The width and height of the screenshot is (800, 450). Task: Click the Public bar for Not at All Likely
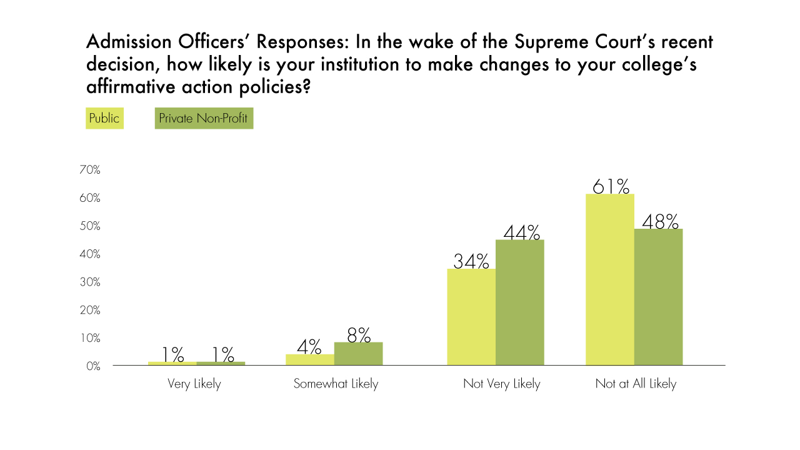click(609, 279)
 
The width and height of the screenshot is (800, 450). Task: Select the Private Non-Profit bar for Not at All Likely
click(658, 297)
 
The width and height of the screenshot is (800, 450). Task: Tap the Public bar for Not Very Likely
click(471, 317)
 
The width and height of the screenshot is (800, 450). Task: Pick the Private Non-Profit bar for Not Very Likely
click(520, 302)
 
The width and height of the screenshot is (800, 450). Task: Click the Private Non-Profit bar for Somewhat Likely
click(358, 354)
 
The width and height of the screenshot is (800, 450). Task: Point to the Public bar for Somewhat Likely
click(310, 359)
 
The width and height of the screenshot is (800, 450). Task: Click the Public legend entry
click(104, 118)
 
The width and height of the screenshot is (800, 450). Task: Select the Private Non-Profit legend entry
click(204, 118)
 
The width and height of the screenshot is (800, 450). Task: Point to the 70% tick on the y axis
click(90, 170)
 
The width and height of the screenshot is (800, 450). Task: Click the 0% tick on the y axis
click(93, 366)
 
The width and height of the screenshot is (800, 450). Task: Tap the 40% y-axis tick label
click(90, 254)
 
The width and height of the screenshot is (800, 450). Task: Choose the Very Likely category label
click(194, 384)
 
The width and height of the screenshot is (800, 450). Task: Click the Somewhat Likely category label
click(336, 384)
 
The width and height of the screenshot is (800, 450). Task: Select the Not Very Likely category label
click(501, 384)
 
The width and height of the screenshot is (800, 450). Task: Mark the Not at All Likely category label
click(636, 384)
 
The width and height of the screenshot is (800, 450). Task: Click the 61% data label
click(611, 186)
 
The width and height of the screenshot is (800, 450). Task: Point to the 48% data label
click(660, 221)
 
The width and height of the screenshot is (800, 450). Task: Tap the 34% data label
click(471, 261)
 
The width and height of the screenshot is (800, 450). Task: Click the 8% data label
click(359, 335)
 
